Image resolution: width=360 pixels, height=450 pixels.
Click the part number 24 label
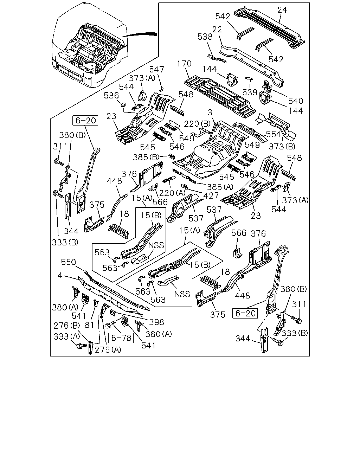pos(282,10)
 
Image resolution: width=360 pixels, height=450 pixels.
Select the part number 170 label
pos(184,64)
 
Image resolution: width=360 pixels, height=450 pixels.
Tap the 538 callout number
pos(205,37)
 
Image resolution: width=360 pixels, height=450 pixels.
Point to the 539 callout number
pos(250,92)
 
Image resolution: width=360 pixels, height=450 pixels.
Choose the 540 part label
pos(296,101)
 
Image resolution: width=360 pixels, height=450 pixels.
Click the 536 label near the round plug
pos(111,96)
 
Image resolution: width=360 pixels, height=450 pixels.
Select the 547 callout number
pos(156,69)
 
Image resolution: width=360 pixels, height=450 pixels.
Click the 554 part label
pos(274,134)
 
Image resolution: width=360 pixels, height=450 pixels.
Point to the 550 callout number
pos(69,262)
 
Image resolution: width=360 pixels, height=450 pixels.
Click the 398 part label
pos(156,322)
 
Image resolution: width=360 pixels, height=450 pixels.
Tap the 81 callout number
pos(89,325)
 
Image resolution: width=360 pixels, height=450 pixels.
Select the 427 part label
pos(211,196)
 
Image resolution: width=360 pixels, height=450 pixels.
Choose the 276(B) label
pos(67,326)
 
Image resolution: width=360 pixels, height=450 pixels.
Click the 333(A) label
pos(67,336)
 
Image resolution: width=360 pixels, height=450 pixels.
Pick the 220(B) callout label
pos(197,124)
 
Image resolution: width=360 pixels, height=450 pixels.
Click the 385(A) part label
pos(220,187)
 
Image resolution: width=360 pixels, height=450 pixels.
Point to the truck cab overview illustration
pos(90,45)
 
